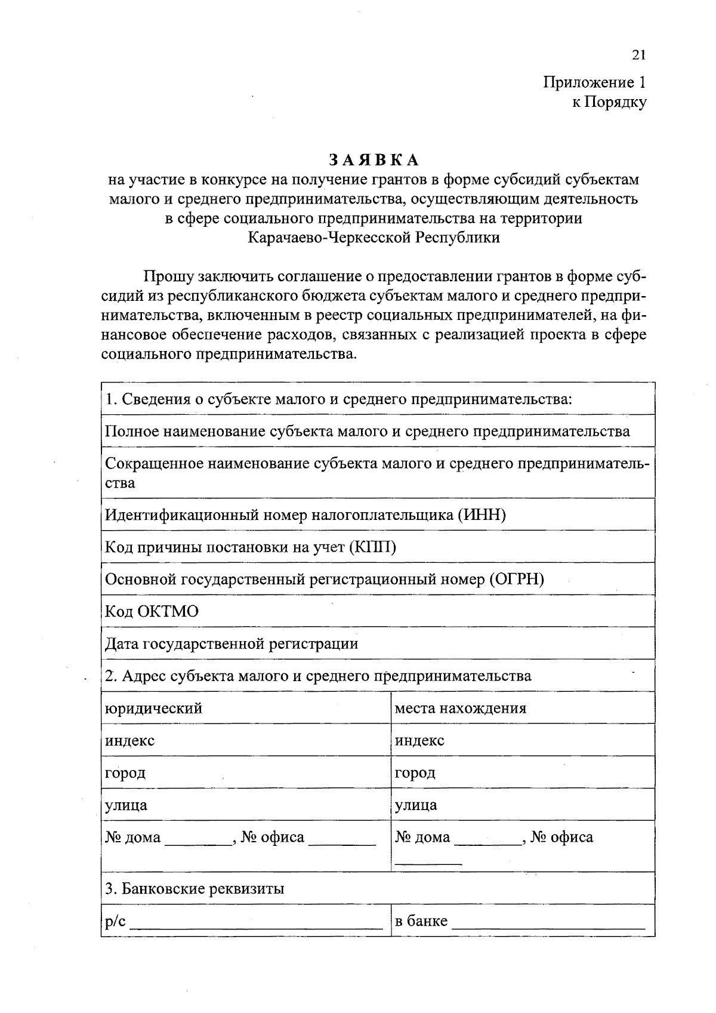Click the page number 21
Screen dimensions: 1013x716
coord(638,56)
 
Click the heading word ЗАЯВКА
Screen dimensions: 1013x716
coord(374,160)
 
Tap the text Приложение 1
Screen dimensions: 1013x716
coord(594,82)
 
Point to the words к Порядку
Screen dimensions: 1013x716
coord(609,103)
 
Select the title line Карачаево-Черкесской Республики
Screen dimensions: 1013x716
coord(374,238)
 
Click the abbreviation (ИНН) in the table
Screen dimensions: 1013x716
coord(482,515)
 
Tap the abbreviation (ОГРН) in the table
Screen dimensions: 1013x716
coord(517,579)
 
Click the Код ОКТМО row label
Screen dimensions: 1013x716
coord(152,611)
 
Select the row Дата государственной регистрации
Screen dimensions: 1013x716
coord(232,643)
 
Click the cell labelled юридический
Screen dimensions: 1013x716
coord(154,709)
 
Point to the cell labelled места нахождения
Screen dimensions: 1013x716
coord(461,709)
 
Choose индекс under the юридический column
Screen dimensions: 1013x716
coord(130,741)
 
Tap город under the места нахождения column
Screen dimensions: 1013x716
coord(415,773)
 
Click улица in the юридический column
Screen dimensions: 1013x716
coord(126,805)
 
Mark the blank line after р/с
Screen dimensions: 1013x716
coord(257,928)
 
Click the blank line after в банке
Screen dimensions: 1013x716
coord(549,928)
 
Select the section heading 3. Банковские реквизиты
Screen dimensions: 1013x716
coord(195,889)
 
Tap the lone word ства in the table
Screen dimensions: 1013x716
coord(121,483)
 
